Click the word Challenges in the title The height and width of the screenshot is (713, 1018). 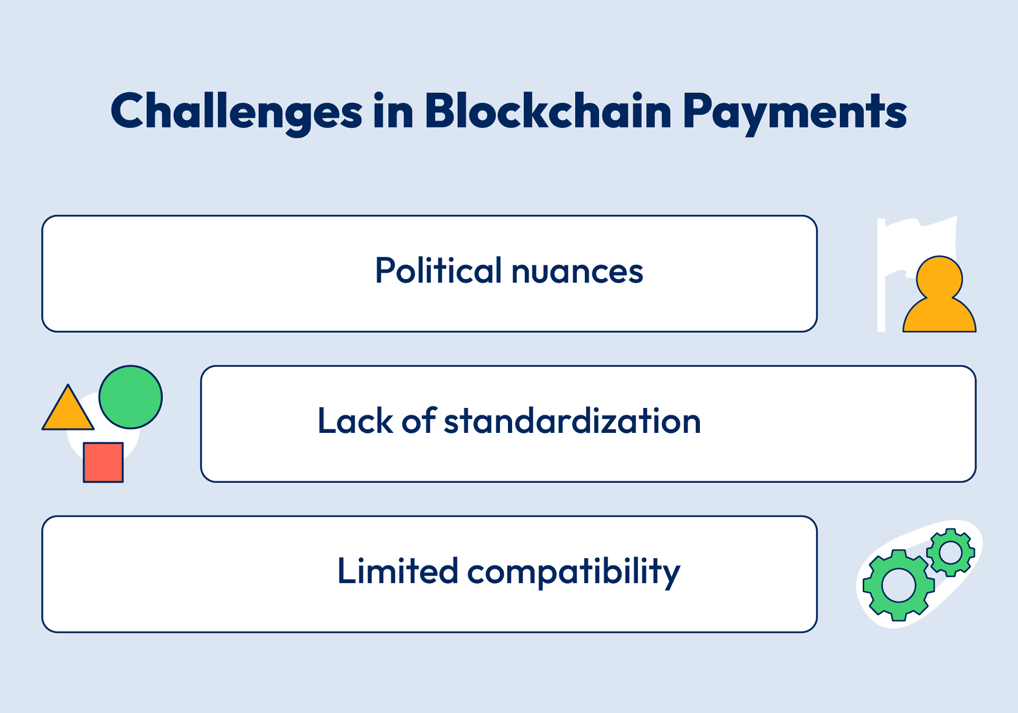[236, 112]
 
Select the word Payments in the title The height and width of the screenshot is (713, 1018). [795, 113]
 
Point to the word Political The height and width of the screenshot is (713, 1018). [438, 270]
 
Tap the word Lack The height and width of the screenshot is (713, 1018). [355, 421]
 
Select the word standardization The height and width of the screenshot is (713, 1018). [573, 421]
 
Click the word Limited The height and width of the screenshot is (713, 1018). [398, 571]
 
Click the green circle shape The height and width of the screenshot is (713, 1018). [130, 397]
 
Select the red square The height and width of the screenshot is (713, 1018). [103, 462]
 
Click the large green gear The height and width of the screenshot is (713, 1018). [898, 585]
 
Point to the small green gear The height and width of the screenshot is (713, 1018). [951, 553]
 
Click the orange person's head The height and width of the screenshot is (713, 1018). [939, 278]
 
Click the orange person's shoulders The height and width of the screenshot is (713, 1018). [939, 316]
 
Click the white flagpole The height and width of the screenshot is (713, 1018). [881, 275]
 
